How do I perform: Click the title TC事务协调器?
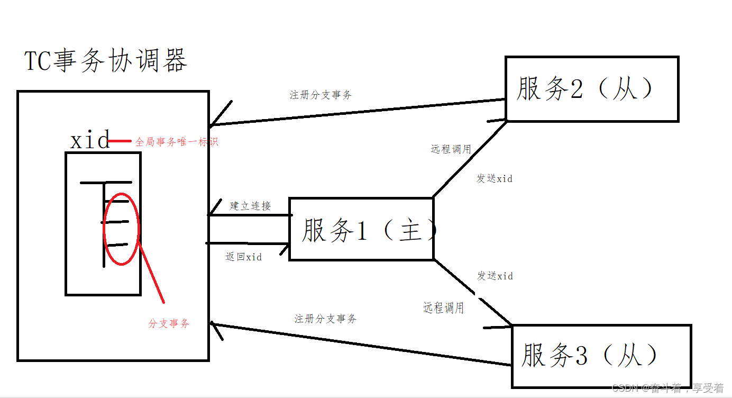tap(106, 61)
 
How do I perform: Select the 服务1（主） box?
tap(361, 229)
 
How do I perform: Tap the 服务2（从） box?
tap(591, 89)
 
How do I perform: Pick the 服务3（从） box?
tap(601, 356)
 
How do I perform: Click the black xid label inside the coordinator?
tap(90, 141)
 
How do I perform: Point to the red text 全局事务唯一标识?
tap(176, 142)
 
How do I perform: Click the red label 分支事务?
tap(169, 323)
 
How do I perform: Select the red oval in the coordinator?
tap(121, 229)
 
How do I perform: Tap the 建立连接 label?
tap(250, 206)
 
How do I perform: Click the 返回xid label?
tap(243, 257)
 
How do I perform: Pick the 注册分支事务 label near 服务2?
tap(321, 95)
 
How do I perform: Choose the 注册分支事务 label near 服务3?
tap(325, 319)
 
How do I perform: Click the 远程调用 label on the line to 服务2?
tap(451, 149)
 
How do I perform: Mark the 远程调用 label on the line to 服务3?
tap(444, 307)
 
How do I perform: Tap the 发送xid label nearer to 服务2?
tap(494, 178)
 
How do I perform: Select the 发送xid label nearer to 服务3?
tap(495, 276)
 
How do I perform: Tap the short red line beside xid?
tap(120, 141)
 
